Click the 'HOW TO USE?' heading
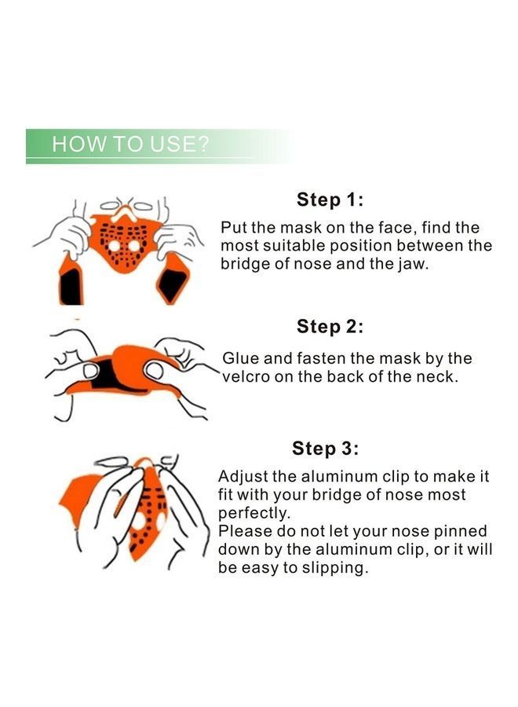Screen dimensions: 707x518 130,145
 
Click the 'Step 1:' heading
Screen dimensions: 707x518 330,200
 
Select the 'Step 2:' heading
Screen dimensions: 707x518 330,326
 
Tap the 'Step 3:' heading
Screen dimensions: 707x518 325,449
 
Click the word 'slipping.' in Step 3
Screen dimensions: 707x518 335,568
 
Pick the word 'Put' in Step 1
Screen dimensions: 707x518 234,228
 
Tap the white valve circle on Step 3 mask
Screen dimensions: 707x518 141,521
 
